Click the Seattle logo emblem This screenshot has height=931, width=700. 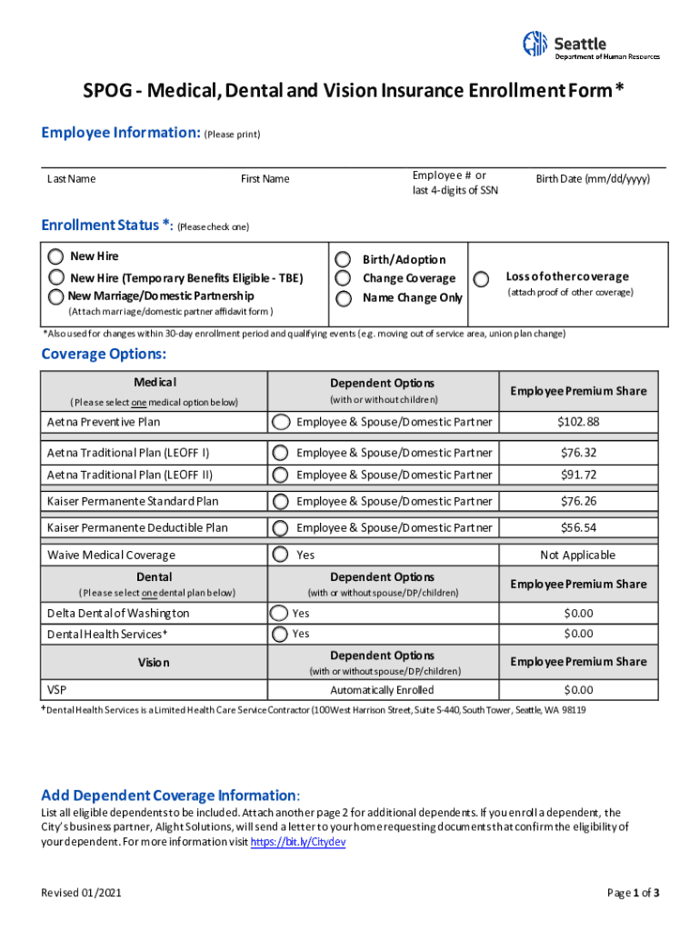tap(535, 43)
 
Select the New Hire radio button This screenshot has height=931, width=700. tap(56, 256)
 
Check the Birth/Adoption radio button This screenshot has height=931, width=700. tap(343, 260)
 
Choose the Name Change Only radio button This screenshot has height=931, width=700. tap(343, 298)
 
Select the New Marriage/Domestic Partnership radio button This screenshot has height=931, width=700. tap(56, 296)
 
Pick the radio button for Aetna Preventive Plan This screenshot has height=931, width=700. tap(282, 422)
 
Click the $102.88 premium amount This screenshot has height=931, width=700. tap(577, 422)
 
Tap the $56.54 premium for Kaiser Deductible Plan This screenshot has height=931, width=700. tap(577, 528)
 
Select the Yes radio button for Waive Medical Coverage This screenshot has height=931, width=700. tap(282, 555)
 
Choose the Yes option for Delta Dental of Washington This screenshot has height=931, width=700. tap(279, 614)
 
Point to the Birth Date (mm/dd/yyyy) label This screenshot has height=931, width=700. tap(593, 179)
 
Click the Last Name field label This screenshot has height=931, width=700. tap(72, 179)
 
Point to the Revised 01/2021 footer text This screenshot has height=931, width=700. tap(81, 893)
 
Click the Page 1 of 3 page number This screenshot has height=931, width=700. tap(633, 893)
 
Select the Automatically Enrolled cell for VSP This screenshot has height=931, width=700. tap(382, 690)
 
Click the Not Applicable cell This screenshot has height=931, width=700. tap(577, 556)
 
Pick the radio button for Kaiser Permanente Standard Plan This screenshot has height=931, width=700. tap(282, 502)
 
